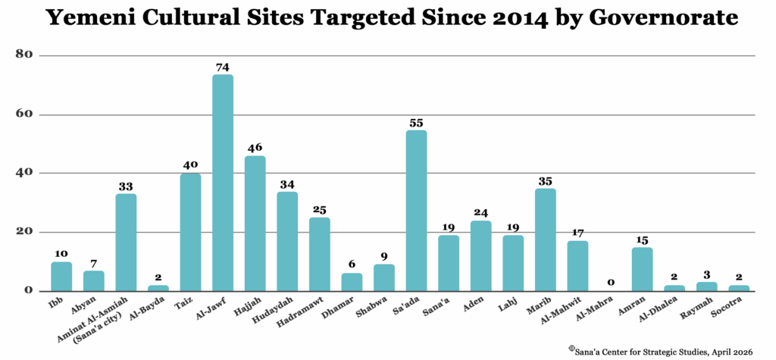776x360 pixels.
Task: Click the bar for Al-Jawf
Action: [x=223, y=182]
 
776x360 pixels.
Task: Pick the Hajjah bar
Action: [x=255, y=223]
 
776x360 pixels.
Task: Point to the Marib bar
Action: [x=545, y=239]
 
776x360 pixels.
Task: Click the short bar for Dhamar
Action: [x=352, y=282]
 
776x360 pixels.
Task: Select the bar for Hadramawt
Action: [x=319, y=254]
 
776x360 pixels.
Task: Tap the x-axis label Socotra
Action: [x=735, y=305]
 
